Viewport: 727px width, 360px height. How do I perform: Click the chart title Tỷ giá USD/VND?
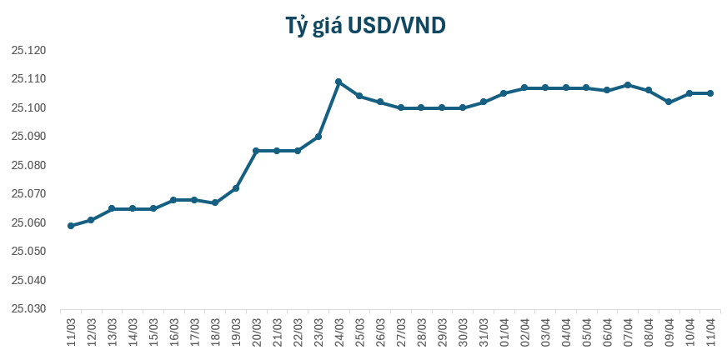point(364,27)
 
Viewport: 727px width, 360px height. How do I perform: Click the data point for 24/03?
point(338,82)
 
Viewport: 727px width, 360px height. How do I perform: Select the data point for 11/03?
point(71,226)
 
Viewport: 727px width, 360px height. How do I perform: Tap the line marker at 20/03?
point(256,151)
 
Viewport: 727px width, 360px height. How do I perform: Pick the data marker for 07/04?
point(628,85)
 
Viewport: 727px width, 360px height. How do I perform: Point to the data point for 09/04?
point(669,102)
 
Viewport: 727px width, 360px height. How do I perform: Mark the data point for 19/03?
point(236,188)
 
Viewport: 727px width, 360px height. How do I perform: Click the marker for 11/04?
point(710,93)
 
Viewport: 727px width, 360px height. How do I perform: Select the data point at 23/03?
point(318,137)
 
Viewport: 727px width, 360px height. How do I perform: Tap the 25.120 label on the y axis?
point(28,51)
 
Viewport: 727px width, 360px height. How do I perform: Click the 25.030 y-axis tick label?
point(28,309)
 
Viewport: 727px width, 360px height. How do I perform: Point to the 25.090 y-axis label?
point(28,137)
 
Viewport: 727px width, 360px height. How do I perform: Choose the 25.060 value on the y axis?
point(28,222)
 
